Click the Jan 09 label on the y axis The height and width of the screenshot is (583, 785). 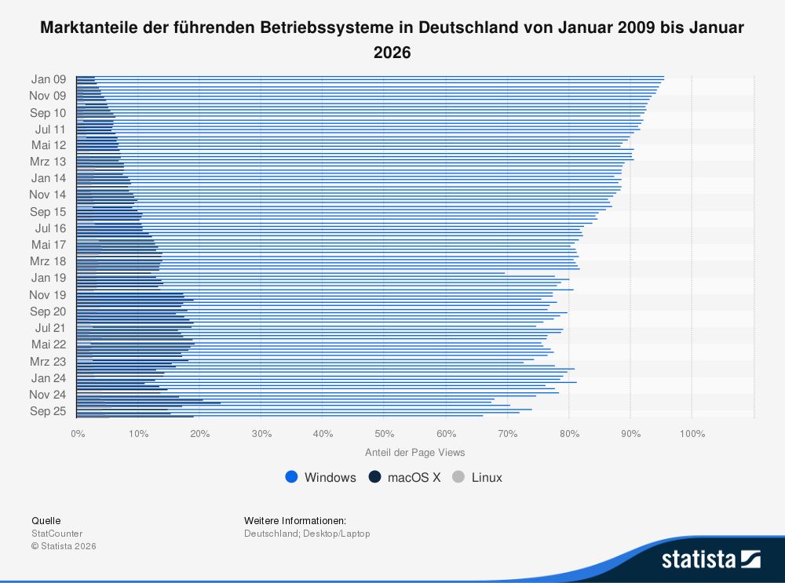click(x=49, y=78)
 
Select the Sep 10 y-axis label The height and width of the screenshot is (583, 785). click(x=48, y=113)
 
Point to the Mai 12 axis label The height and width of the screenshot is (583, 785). click(x=49, y=145)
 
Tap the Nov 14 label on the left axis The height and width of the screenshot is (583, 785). click(x=48, y=195)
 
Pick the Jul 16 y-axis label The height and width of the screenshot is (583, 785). click(x=50, y=228)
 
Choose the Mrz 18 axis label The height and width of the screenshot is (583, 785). click(x=49, y=261)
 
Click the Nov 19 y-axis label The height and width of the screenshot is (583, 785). click(x=48, y=295)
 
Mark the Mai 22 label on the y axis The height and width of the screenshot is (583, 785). click(x=49, y=344)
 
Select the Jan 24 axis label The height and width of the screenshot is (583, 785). click(x=49, y=378)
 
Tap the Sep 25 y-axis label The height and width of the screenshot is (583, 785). click(x=48, y=411)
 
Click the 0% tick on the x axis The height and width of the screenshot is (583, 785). click(x=77, y=433)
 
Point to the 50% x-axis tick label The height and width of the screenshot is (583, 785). click(x=384, y=433)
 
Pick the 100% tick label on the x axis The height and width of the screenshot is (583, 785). click(x=692, y=433)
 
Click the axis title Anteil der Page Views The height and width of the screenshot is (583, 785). click(x=415, y=453)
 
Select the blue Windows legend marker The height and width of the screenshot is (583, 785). click(x=292, y=477)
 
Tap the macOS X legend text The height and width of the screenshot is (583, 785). click(x=414, y=477)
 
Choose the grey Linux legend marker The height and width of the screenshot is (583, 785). click(x=459, y=477)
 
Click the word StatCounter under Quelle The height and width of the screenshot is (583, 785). click(x=57, y=534)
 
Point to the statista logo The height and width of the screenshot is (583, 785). click(x=710, y=559)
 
